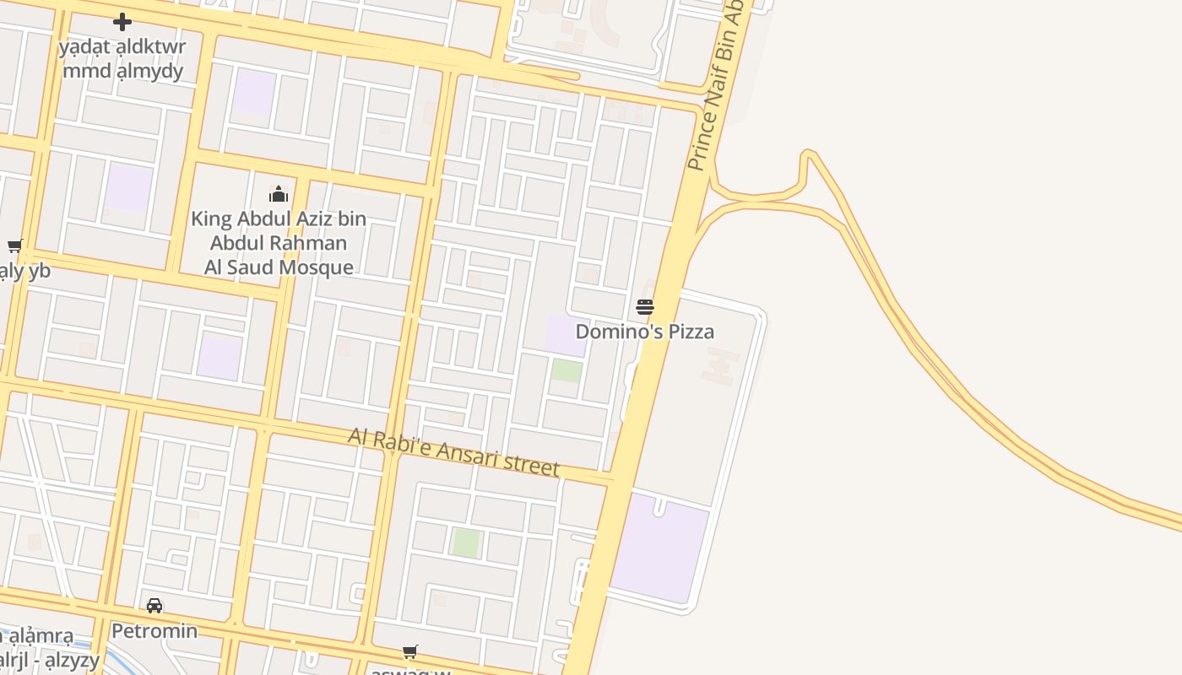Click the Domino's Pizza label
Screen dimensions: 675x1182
(645, 332)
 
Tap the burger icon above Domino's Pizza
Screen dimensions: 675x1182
(645, 307)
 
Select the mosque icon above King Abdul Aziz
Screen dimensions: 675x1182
(279, 195)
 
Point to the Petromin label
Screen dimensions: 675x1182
(155, 631)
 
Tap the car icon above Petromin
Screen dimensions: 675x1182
(155, 606)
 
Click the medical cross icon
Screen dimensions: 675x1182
(122, 22)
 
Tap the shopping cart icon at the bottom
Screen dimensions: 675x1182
(410, 652)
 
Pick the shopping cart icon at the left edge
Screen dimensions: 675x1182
(14, 246)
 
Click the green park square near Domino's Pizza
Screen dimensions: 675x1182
(567, 371)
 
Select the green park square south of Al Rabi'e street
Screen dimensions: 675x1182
(466, 543)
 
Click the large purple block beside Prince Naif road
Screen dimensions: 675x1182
(660, 548)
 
